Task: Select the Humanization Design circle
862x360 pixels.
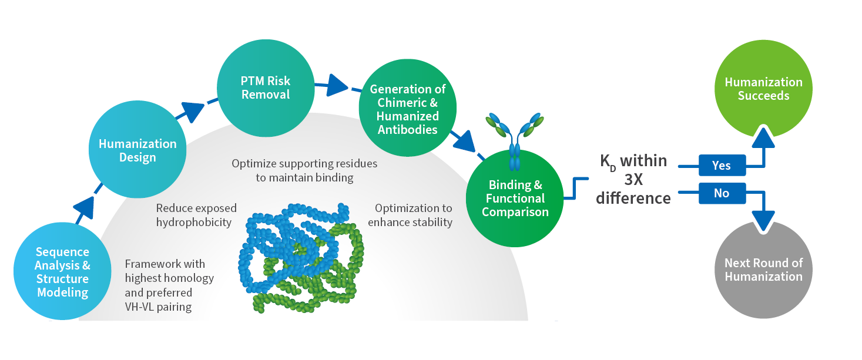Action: point(137,150)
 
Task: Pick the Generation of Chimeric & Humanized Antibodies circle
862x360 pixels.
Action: point(407,109)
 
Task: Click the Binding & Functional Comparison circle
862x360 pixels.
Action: point(515,198)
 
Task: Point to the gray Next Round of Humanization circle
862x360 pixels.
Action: point(763,270)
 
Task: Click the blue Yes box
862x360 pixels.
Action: point(722,166)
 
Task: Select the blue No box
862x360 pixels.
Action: point(722,193)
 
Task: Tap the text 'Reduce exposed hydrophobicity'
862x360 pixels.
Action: point(196,215)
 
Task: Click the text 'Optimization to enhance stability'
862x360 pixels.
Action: point(413,215)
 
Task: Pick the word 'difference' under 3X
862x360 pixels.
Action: point(633,198)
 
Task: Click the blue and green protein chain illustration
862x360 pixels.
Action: point(299,258)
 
